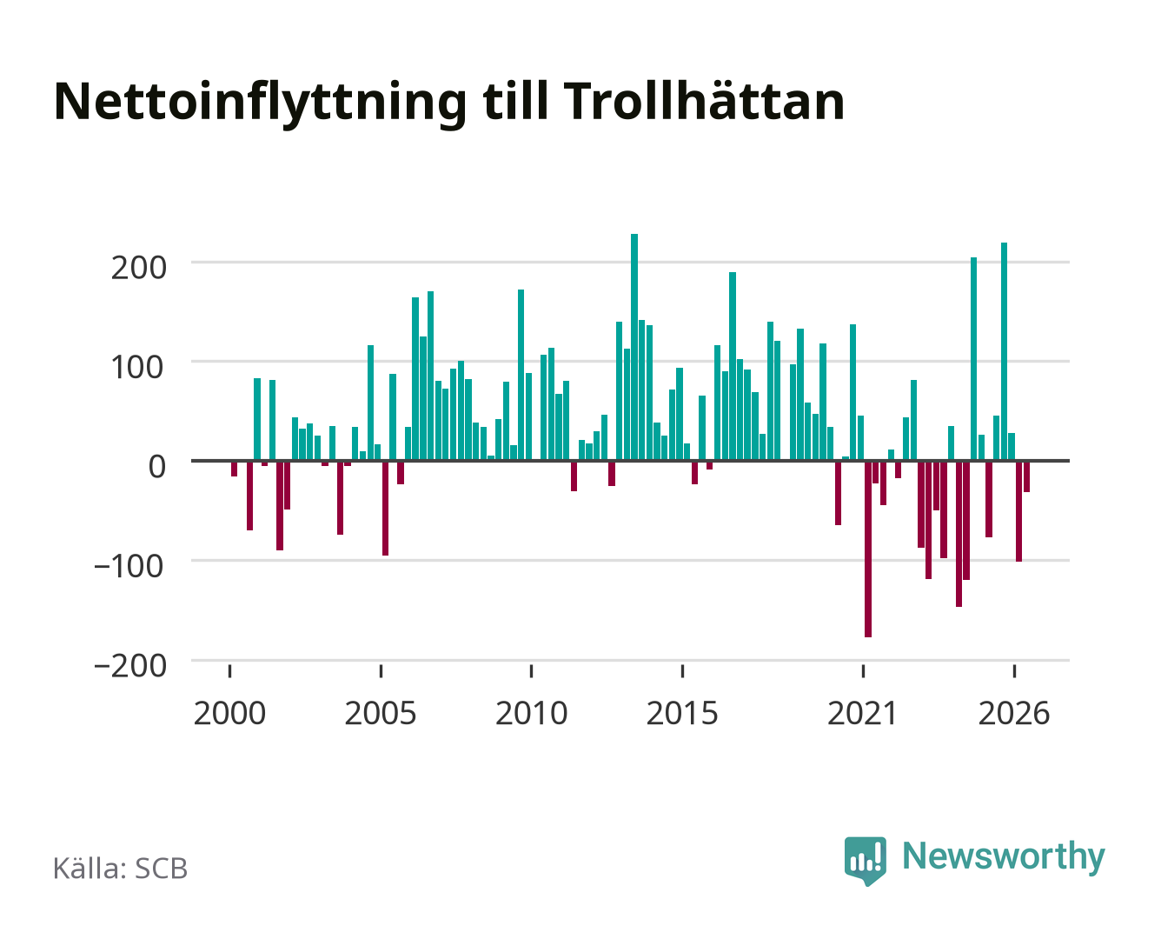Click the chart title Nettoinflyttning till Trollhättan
pyautogui.click(x=449, y=103)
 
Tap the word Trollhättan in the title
pyautogui.click(x=704, y=101)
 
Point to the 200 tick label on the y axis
pyautogui.click(x=138, y=268)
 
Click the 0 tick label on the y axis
pyautogui.click(x=157, y=467)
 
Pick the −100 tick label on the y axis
pyautogui.click(x=129, y=566)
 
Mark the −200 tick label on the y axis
pyautogui.click(x=130, y=666)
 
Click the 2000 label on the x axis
pyautogui.click(x=229, y=713)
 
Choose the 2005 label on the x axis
pyautogui.click(x=381, y=713)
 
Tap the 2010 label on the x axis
pyautogui.click(x=532, y=713)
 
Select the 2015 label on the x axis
pyautogui.click(x=682, y=713)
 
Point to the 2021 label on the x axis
pyautogui.click(x=862, y=713)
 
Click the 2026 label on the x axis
pyautogui.click(x=1014, y=713)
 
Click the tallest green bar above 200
pyautogui.click(x=634, y=347)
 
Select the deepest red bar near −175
pyautogui.click(x=868, y=549)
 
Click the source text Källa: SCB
pyautogui.click(x=121, y=869)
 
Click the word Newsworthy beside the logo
pyautogui.click(x=1004, y=856)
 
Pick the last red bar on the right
pyautogui.click(x=1026, y=476)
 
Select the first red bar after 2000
pyautogui.click(x=235, y=469)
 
